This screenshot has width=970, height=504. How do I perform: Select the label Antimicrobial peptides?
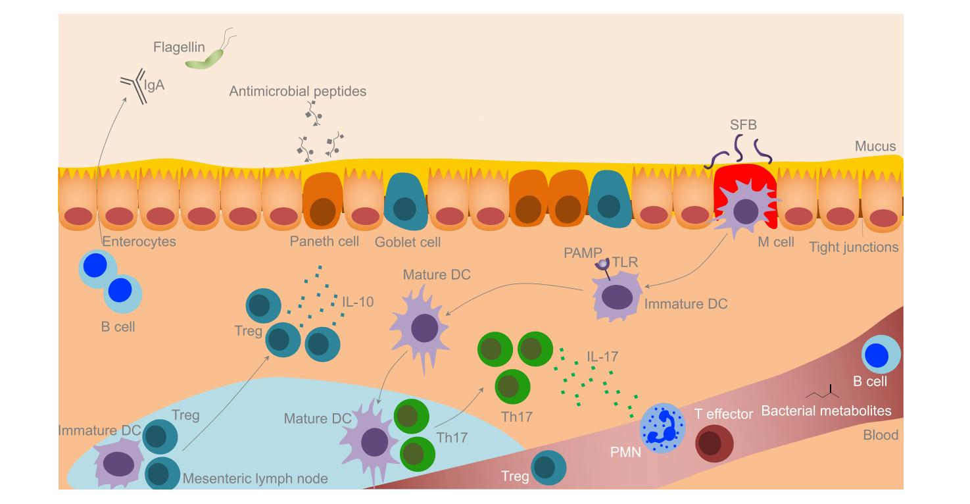click(x=298, y=92)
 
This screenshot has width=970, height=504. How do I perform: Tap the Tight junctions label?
click(x=854, y=247)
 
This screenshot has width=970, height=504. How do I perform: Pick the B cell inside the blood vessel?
click(x=880, y=356)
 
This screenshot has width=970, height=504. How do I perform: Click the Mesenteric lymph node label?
click(x=255, y=478)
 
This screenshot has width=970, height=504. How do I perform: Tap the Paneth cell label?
click(x=324, y=241)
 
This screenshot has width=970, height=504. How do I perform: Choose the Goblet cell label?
click(x=408, y=242)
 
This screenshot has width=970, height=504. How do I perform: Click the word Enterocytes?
click(x=139, y=241)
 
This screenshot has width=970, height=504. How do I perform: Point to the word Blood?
click(x=881, y=435)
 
